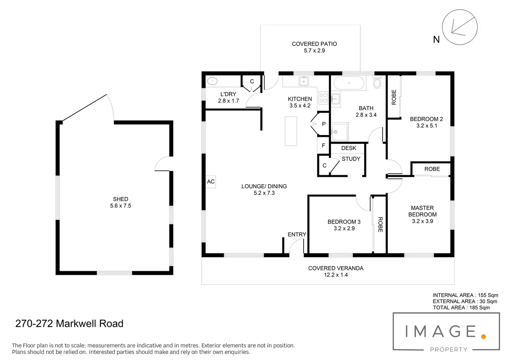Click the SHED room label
[x=121, y=199]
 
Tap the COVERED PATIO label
[x=314, y=44]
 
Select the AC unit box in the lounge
[x=211, y=182]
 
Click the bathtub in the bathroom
[x=349, y=83]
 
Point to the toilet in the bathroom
[x=377, y=83]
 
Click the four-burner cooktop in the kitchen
[x=323, y=98]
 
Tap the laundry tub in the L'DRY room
[x=212, y=81]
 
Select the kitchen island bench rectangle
[x=291, y=131]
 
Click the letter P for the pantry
[x=324, y=124]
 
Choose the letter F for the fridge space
[x=323, y=146]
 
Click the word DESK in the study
[x=349, y=148]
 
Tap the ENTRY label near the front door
[x=297, y=235]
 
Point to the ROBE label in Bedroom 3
[x=380, y=224]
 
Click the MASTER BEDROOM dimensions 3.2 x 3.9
[x=422, y=221]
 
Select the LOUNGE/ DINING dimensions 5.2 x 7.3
[x=264, y=193]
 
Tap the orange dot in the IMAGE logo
[x=484, y=336]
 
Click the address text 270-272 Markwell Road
[x=69, y=324]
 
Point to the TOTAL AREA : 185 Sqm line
[x=461, y=308]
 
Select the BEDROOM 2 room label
[x=426, y=119]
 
